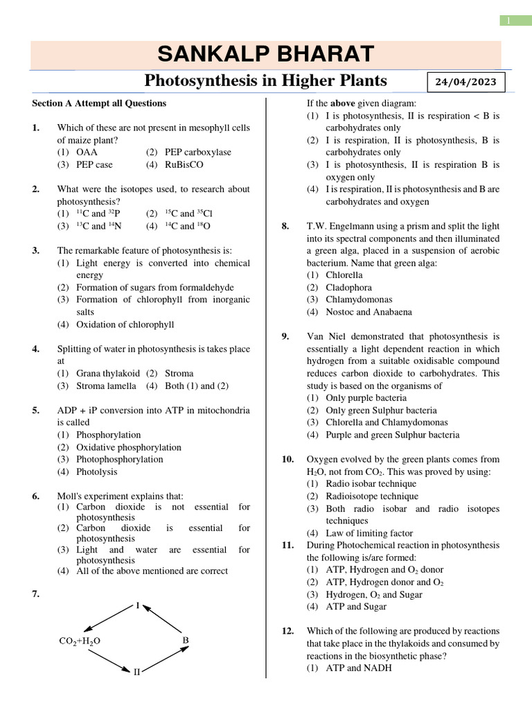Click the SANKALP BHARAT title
coord(265,54)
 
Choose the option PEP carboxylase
coord(188,152)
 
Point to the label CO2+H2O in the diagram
coord(80,641)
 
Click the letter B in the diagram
coord(186,641)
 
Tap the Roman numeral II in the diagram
coord(137,671)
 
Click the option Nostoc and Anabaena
coord(369,312)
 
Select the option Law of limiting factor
coord(369,533)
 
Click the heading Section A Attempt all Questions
coord(99,103)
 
